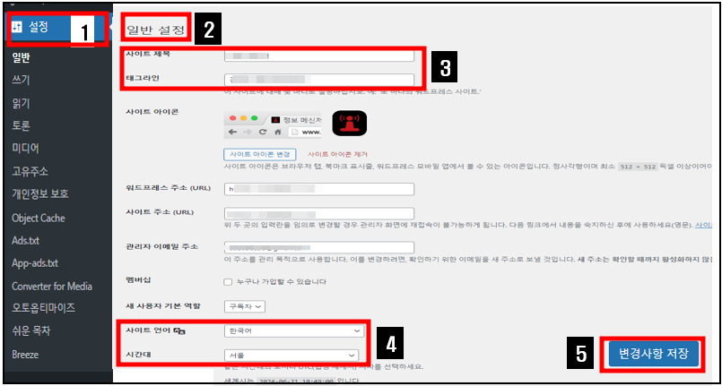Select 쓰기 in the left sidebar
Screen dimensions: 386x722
21,80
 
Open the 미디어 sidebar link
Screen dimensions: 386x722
26,148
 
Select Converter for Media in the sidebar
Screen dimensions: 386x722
52,286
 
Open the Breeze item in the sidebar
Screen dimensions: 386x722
25,354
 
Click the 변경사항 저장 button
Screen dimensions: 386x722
653,353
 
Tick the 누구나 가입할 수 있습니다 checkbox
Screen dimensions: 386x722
228,282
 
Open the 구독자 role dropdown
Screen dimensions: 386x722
245,306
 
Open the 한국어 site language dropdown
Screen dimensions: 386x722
291,330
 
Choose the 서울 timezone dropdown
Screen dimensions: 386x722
291,355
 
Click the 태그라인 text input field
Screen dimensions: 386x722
319,80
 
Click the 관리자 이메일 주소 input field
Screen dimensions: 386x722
319,247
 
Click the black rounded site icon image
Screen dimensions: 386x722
350,124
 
